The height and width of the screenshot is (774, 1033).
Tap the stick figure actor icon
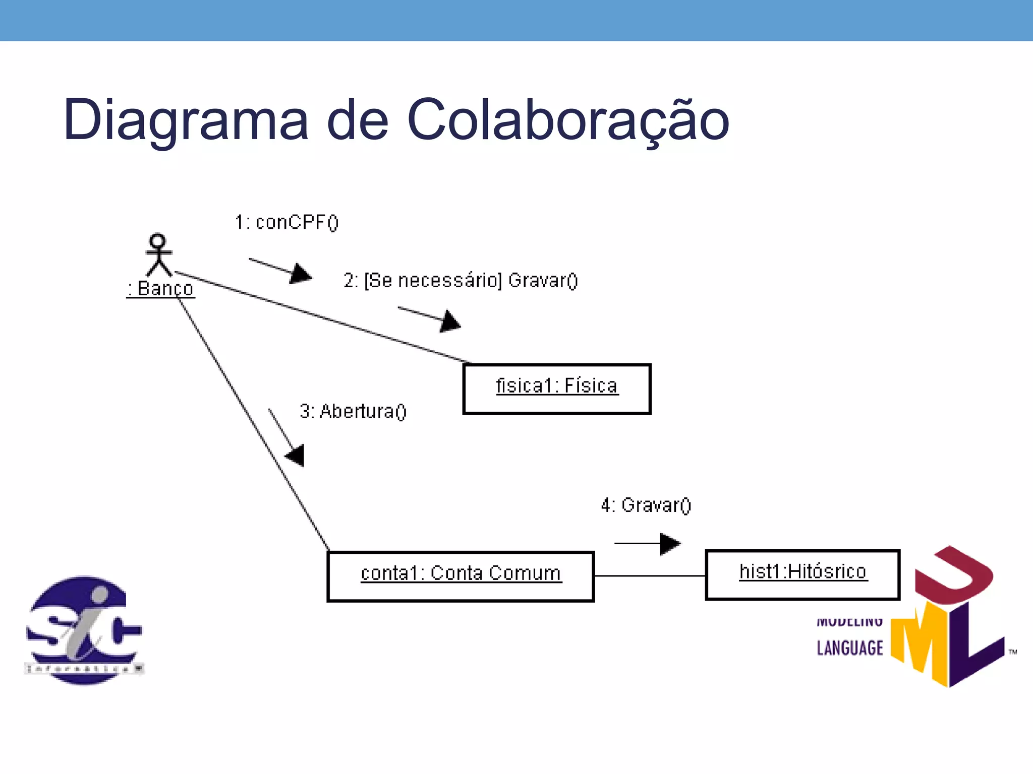158,254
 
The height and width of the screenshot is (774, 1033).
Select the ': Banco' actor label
160,289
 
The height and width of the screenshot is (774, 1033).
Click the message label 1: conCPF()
286,222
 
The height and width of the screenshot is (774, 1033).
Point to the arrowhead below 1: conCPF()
301,274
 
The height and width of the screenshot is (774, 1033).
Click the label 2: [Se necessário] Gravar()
460,280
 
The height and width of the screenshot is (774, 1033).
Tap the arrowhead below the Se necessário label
450,321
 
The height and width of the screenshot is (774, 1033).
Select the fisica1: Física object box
557,389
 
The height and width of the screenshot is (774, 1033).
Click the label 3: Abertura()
353,411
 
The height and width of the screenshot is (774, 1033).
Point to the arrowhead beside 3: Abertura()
296,455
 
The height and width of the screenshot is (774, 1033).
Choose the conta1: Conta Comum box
461,576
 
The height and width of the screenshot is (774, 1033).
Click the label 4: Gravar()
646,505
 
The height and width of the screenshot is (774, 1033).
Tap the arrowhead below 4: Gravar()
669,544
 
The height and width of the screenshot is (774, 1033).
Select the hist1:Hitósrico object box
802,574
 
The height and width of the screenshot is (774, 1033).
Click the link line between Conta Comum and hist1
650,575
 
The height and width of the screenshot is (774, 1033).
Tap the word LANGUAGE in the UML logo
850,648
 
